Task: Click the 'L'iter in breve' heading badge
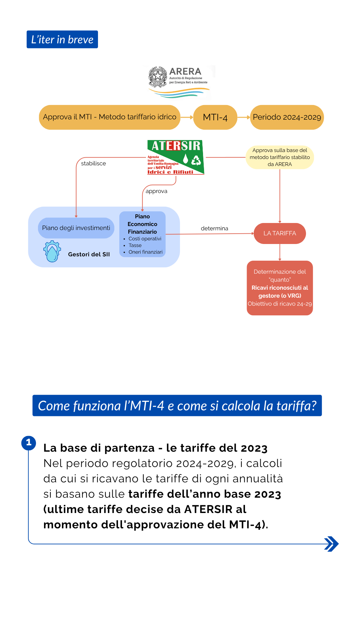click(x=62, y=39)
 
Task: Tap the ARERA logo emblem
click(x=158, y=76)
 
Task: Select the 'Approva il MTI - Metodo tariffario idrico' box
click(x=110, y=117)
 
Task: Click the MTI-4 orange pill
click(x=215, y=117)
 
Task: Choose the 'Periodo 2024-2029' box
click(x=287, y=117)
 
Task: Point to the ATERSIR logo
click(x=176, y=157)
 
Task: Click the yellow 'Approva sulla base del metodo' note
click(x=280, y=157)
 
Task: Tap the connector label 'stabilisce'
click(x=93, y=163)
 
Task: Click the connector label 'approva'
click(x=156, y=191)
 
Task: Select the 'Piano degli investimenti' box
click(x=76, y=228)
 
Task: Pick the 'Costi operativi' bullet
click(x=145, y=239)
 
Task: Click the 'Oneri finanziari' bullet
click(x=145, y=252)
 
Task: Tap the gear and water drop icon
click(x=52, y=251)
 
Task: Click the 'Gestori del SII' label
click(x=89, y=254)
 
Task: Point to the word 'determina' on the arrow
click(x=214, y=228)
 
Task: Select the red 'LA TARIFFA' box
click(x=280, y=233)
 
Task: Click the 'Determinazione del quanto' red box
click(x=280, y=288)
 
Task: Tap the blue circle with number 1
click(x=29, y=443)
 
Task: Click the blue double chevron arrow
click(x=331, y=544)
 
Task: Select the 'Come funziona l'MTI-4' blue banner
click(x=177, y=406)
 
